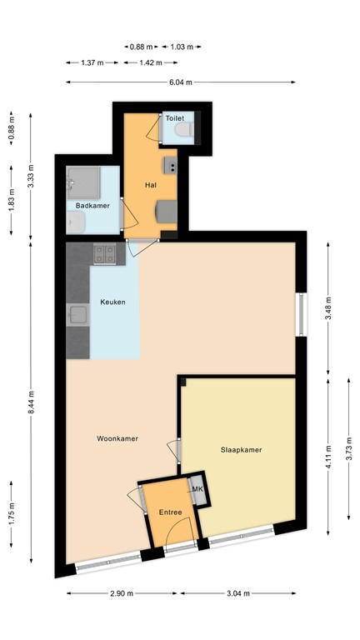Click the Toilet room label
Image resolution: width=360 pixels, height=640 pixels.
pos(174,119)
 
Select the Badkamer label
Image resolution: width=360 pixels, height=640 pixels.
pos(92,205)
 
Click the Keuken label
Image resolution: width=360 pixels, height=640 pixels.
pos(113,302)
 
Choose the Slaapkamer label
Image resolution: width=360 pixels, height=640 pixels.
pos(242,450)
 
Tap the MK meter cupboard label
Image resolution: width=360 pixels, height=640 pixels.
pos(198,490)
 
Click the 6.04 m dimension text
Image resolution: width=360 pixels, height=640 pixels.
pos(181,82)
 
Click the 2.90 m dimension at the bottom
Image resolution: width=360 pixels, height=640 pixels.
pos(122,594)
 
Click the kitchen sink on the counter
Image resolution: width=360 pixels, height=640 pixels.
pos(79,314)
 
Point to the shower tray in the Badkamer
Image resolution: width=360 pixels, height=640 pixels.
pos(83,178)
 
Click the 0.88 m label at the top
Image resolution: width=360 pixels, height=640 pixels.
pos(143,47)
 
